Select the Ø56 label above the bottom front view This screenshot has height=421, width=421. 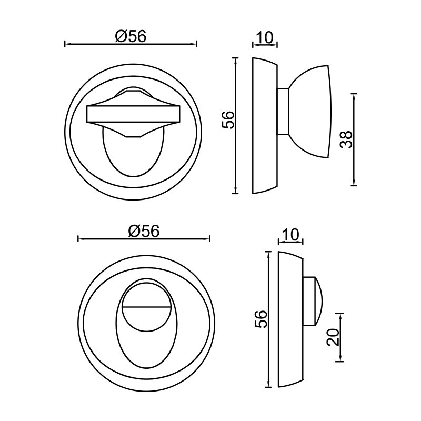[144, 231]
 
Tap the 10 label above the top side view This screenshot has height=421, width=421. [265, 37]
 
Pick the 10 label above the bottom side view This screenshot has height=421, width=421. [290, 235]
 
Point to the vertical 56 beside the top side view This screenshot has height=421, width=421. [228, 120]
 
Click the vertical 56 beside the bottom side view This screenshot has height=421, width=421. [261, 319]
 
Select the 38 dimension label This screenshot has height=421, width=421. [346, 139]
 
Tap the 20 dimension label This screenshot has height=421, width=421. [333, 337]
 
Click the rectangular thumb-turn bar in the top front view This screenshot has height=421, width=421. [133, 114]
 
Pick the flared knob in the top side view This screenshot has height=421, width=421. [312, 111]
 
